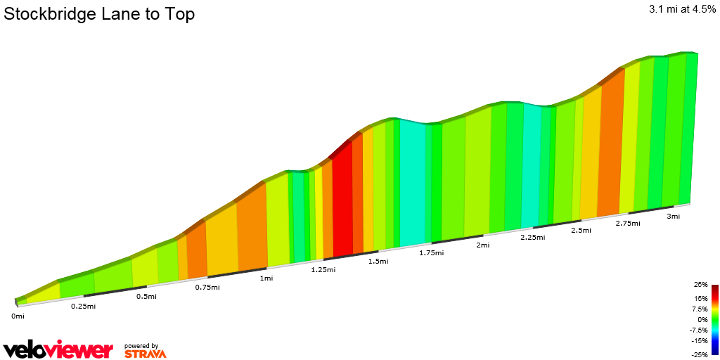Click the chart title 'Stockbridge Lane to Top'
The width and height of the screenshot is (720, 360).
[100, 14]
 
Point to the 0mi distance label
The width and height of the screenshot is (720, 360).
[18, 316]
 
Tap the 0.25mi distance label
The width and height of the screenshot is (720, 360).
[83, 306]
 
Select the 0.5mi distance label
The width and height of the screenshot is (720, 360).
[146, 296]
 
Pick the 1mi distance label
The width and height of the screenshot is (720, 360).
[266, 278]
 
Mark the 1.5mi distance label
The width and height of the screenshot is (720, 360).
[378, 261]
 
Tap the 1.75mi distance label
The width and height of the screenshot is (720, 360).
[431, 252]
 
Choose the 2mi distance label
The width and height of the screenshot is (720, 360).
[482, 245]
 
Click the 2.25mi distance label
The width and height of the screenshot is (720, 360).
[532, 238]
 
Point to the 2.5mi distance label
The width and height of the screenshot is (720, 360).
[581, 231]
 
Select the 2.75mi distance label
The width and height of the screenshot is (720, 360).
[628, 224]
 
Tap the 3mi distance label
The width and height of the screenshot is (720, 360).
[674, 217]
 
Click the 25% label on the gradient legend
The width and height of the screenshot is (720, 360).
[700, 285]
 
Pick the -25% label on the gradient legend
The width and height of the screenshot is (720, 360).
[700, 354]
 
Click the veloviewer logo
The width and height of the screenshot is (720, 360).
[58, 349]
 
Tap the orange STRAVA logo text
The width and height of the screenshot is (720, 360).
[146, 354]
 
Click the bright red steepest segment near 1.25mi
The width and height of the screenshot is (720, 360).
[342, 204]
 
